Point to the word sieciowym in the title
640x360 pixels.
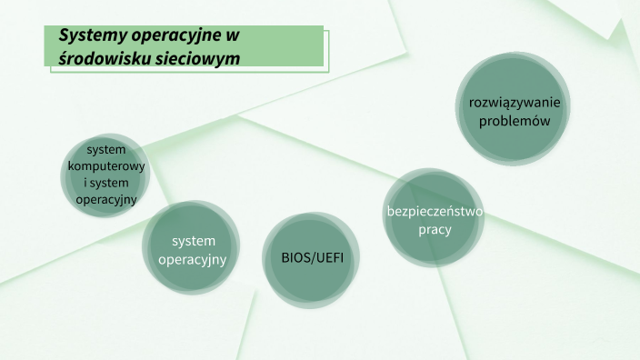(x=197, y=57)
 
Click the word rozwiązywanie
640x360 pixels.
(x=515, y=101)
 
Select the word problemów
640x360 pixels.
(x=515, y=120)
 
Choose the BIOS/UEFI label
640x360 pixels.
(x=307, y=258)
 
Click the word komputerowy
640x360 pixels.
(x=106, y=166)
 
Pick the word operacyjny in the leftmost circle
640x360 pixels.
(x=106, y=199)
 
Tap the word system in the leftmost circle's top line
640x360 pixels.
(x=106, y=149)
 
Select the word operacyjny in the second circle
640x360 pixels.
(x=192, y=260)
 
